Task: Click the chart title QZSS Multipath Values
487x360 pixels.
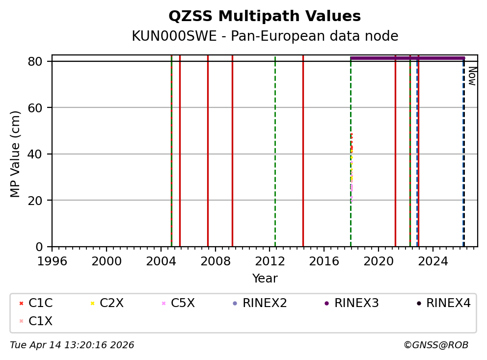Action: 265,17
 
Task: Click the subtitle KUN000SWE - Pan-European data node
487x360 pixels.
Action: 265,36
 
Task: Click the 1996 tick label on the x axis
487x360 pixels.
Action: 52,261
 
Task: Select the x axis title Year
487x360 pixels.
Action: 265,279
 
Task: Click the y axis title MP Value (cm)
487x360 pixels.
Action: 16,154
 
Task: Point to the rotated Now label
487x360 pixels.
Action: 472,76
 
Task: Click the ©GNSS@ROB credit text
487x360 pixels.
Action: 436,345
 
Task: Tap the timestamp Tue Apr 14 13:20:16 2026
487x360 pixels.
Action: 72,345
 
